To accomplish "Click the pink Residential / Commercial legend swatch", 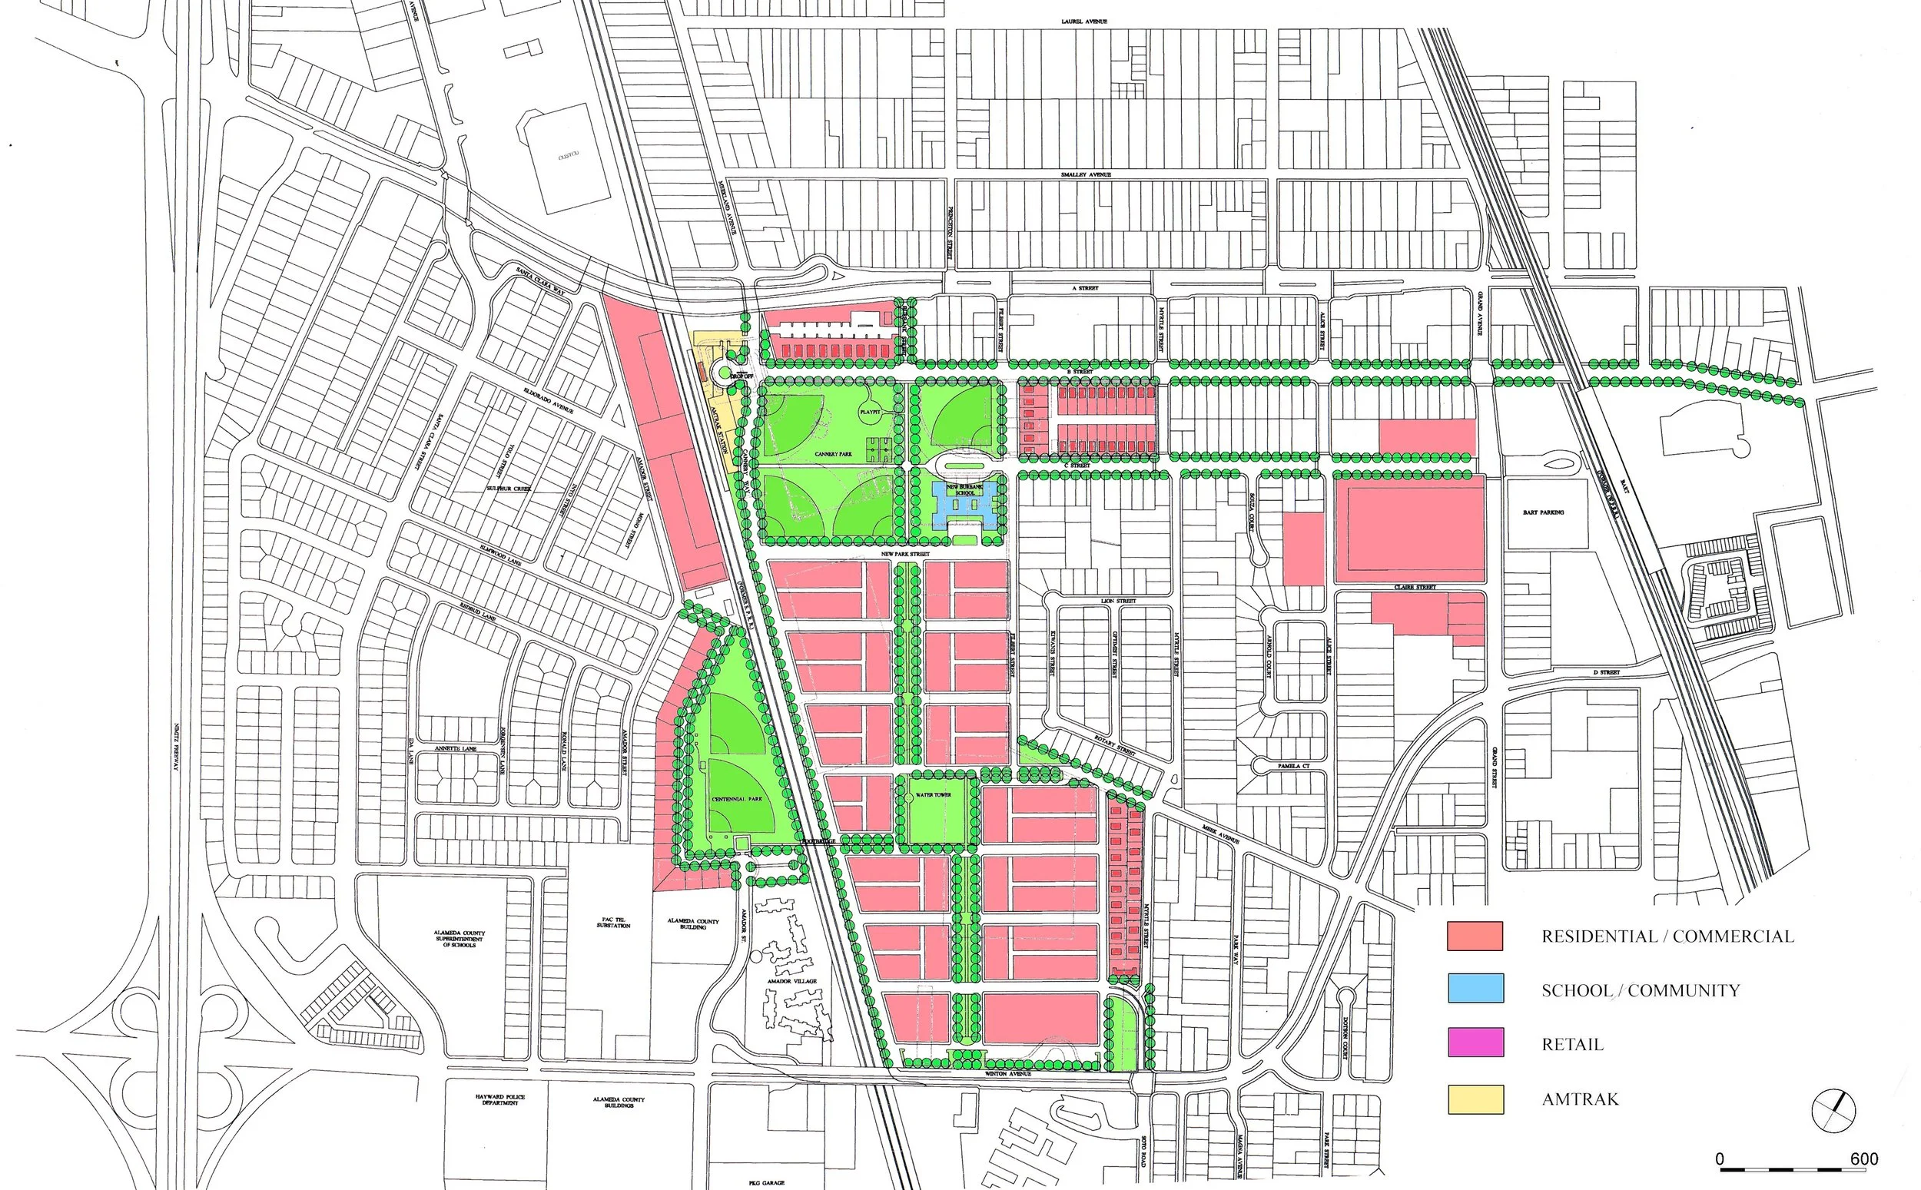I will point(1475,936).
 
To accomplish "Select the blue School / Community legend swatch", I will point(1475,989).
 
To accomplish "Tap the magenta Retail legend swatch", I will point(1475,1042).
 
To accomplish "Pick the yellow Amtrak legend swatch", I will point(1475,1099).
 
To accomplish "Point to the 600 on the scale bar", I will point(1863,1159).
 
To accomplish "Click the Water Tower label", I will point(934,795).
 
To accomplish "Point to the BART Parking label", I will point(1542,512).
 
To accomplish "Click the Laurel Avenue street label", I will point(1083,22).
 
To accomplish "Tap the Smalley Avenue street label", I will point(1085,174).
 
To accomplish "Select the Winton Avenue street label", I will point(1008,1073).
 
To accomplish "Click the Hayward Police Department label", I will point(499,1100).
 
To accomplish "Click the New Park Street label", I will point(905,554).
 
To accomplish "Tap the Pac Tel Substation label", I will point(613,923).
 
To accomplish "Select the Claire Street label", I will point(1415,587).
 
